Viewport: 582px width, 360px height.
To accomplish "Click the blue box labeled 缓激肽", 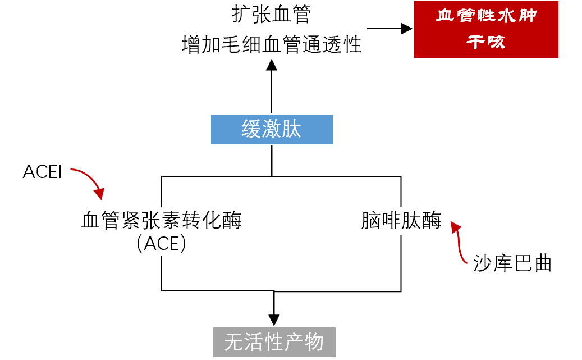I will (272, 130).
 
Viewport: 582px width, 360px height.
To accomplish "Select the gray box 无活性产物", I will (274, 342).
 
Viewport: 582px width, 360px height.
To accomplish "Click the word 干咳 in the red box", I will (486, 42).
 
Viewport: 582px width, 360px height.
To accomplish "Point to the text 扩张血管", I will (272, 15).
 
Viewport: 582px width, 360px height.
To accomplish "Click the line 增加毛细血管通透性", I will (272, 45).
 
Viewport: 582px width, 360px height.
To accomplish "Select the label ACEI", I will (42, 172).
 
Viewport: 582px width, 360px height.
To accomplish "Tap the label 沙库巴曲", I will (512, 263).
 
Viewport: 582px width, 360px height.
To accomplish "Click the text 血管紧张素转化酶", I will (162, 221).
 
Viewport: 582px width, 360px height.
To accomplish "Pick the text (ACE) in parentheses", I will (162, 243).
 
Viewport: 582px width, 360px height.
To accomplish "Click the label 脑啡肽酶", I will (401, 221).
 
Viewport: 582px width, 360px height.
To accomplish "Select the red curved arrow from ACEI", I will (90, 181).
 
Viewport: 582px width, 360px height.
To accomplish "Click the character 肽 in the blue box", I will (292, 130).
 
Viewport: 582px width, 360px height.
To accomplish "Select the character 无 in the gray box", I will (233, 342).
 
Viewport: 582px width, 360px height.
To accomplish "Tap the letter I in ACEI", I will (59, 172).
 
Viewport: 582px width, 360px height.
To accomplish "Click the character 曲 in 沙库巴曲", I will (543, 263).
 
